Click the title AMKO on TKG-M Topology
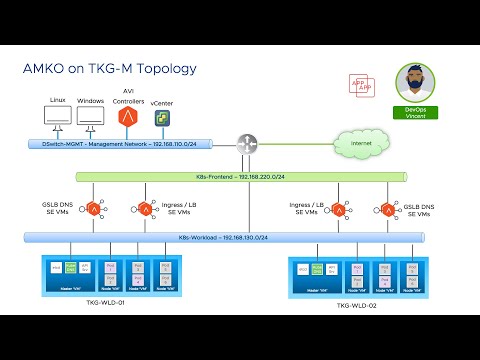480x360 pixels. coord(109,69)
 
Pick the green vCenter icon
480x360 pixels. coord(161,119)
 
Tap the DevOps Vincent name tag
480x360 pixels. coord(416,110)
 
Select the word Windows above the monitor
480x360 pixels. coord(91,100)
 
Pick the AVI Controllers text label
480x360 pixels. coord(129,96)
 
